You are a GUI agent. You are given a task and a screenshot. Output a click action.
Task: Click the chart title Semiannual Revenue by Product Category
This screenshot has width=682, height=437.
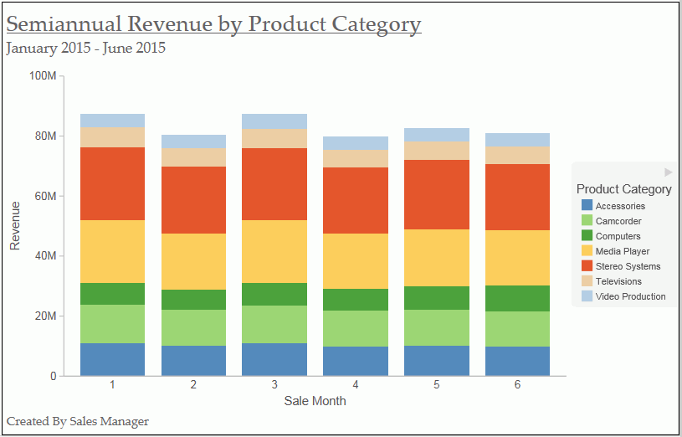click(x=213, y=23)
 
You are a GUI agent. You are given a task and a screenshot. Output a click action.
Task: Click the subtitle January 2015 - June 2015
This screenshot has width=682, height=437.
click(x=85, y=48)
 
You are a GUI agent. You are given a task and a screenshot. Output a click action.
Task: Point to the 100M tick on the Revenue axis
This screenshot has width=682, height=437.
click(x=43, y=76)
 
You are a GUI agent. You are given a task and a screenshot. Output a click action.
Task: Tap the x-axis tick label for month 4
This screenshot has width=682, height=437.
click(x=356, y=384)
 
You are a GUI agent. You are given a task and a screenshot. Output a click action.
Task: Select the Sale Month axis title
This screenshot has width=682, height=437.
click(x=315, y=401)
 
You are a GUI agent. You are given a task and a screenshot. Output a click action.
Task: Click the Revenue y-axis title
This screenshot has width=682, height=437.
click(x=15, y=225)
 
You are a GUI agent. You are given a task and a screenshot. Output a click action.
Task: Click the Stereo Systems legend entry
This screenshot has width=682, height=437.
click(x=628, y=266)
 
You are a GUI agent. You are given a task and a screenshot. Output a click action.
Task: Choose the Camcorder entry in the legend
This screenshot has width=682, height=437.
click(x=618, y=221)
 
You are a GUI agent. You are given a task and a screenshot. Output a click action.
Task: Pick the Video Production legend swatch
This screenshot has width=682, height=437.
click(x=587, y=296)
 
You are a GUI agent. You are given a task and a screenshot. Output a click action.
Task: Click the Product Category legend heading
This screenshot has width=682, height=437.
click(x=623, y=189)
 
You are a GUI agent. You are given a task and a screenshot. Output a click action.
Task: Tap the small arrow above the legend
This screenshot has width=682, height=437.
click(x=669, y=172)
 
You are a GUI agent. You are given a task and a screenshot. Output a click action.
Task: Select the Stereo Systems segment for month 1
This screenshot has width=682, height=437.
click(x=112, y=183)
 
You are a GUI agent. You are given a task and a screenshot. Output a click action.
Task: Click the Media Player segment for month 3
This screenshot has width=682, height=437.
click(x=274, y=251)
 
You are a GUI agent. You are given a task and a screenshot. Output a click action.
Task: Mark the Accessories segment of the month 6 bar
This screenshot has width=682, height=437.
click(x=517, y=361)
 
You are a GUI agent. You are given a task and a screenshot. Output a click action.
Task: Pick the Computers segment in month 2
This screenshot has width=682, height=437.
click(x=193, y=300)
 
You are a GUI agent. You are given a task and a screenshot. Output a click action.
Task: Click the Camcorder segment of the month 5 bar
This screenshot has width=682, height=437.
click(x=436, y=327)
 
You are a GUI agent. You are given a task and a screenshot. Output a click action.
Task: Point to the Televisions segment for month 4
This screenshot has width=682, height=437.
click(x=356, y=158)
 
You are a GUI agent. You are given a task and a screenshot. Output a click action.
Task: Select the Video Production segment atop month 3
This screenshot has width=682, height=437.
click(x=274, y=121)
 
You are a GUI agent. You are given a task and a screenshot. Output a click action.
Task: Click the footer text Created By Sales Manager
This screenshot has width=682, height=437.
click(x=77, y=421)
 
